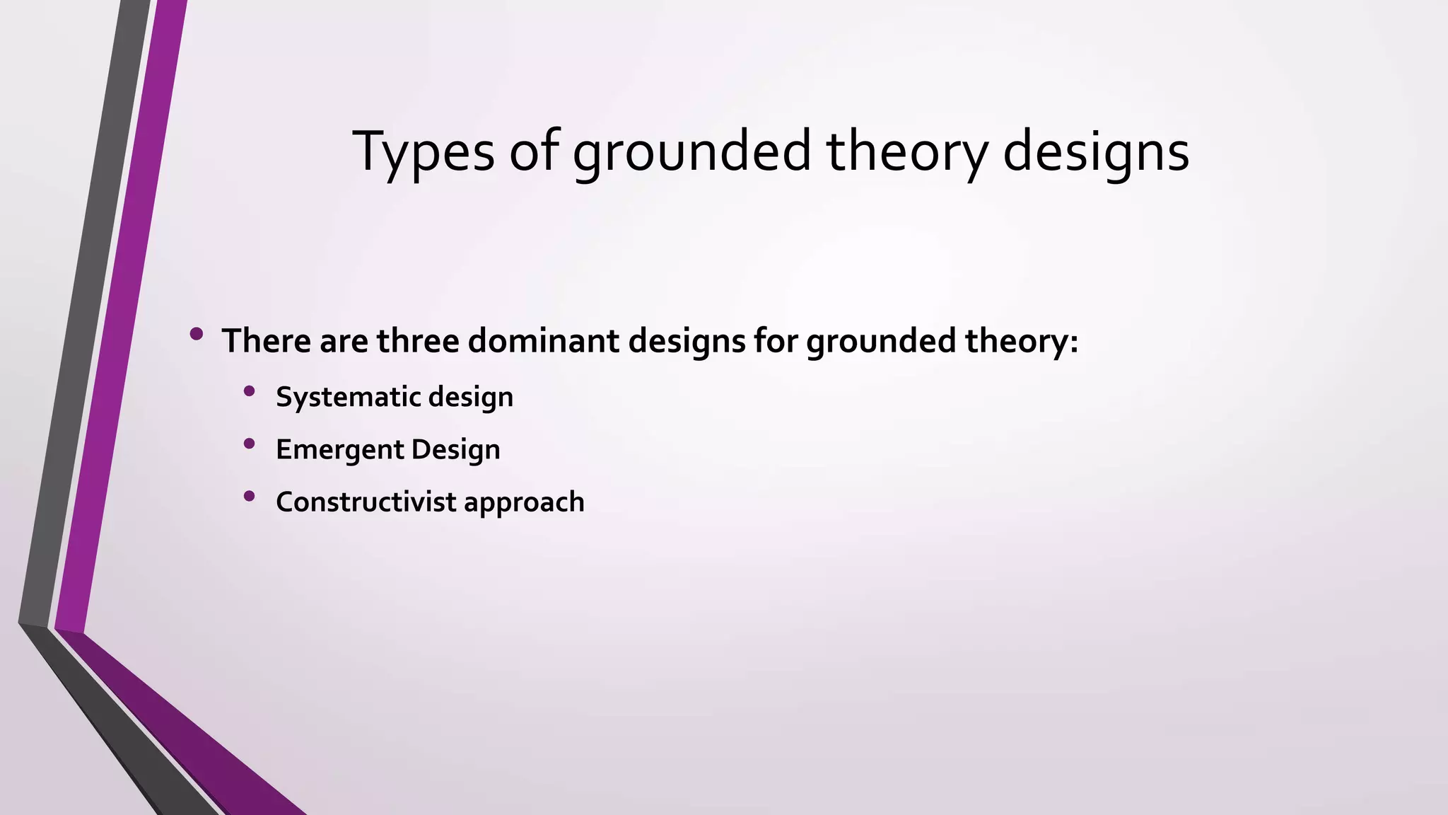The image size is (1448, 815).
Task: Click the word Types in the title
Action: [423, 151]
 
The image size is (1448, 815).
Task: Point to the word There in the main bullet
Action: [267, 340]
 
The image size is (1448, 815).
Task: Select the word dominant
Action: [543, 340]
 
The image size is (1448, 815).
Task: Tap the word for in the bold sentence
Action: [776, 340]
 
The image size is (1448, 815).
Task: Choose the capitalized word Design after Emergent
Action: [456, 450]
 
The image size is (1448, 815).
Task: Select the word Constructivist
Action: [366, 502]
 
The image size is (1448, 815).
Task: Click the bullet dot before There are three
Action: [197, 333]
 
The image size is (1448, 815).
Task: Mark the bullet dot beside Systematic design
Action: [249, 391]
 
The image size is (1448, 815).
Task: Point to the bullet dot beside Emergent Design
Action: [249, 444]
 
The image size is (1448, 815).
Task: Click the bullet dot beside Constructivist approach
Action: [249, 496]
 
